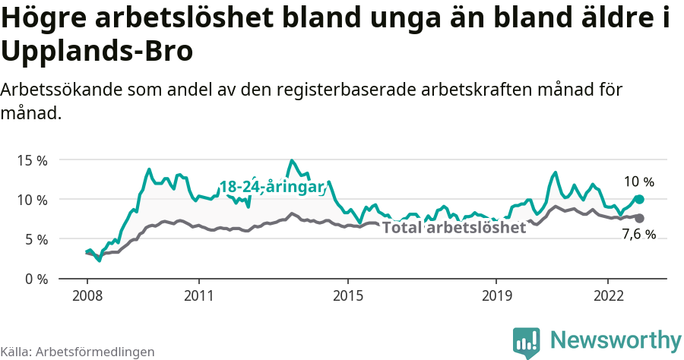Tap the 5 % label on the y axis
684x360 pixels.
point(35,239)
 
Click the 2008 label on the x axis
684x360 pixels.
point(87,295)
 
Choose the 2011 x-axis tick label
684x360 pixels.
point(198,295)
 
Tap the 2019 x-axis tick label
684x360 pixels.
point(496,295)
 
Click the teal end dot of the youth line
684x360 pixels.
point(639,199)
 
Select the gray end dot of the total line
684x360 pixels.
point(639,218)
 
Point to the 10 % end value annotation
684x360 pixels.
point(638,182)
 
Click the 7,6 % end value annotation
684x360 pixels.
point(638,235)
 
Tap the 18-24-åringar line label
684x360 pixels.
point(272,187)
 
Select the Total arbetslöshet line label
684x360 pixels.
point(454,227)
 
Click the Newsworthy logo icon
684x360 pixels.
point(526,342)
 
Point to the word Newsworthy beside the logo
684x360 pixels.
point(616,339)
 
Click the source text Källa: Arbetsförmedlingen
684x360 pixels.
point(78,352)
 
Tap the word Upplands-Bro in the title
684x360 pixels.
point(97,52)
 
